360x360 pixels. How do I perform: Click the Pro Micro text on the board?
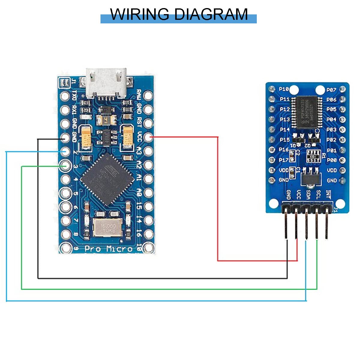(108, 249)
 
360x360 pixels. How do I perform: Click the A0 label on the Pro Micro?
(139, 192)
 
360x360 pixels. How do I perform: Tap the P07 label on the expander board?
(331, 90)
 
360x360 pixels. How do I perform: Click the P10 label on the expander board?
(284, 89)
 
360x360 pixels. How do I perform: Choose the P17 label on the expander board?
(284, 160)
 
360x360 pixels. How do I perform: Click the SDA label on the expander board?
(308, 195)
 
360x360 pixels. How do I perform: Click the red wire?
(218, 198)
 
